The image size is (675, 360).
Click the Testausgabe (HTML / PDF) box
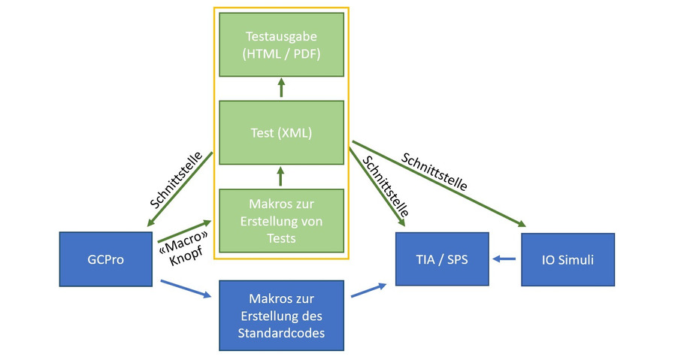pos(281,44)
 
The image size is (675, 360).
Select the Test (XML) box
pos(281,134)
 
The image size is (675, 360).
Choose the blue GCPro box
pos(104,259)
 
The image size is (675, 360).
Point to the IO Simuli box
pos(568,259)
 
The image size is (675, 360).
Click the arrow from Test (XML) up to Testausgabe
pos(281,89)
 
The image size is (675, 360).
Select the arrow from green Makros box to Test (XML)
pos(281,177)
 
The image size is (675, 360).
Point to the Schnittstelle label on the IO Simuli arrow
pos(435,171)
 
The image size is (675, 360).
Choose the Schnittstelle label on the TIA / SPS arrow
pos(386,187)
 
